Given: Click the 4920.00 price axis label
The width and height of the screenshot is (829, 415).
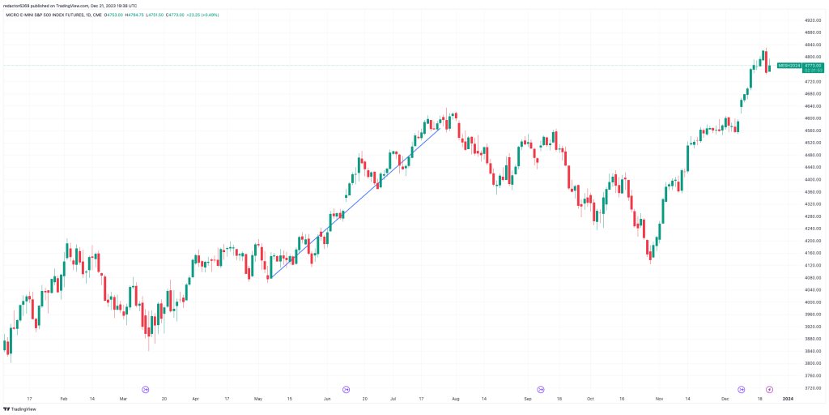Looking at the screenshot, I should coord(791,20).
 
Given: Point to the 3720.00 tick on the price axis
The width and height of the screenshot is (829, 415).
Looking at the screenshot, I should coord(791,387).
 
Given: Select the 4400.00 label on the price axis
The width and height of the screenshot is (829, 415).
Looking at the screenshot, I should coord(791,179).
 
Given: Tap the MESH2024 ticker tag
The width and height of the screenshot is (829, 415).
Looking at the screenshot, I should coord(789,65).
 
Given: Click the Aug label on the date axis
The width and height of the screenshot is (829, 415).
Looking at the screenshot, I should coord(456,399).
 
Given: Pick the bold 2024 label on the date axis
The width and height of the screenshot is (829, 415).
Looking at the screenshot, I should coord(788,399).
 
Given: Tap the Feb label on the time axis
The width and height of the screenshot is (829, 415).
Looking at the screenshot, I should coord(64,399).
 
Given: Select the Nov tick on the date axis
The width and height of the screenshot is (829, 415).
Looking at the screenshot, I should coord(659,399).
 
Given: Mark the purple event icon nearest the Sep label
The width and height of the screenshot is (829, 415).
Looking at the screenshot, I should coord(541,389).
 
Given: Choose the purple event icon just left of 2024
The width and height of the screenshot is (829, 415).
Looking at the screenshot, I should coord(769,389).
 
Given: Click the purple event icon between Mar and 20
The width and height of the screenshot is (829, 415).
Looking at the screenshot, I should coord(146,389).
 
